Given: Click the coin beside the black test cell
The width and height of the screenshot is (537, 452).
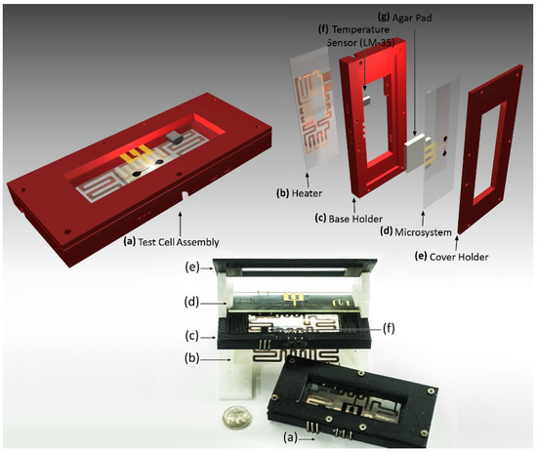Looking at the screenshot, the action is (x=236, y=418).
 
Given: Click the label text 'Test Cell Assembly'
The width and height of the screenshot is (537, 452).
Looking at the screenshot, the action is (x=178, y=242).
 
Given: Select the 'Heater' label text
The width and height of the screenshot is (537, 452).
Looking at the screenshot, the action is (x=307, y=193).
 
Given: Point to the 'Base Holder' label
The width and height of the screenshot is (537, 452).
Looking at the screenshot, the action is (x=355, y=219).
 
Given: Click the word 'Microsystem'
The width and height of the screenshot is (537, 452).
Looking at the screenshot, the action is (x=423, y=232).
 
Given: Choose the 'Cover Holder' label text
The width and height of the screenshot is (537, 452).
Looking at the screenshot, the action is (x=459, y=257).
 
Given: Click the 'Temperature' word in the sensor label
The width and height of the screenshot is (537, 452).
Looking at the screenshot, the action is (x=360, y=30).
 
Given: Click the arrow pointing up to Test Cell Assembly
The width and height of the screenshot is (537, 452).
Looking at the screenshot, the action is (x=180, y=224).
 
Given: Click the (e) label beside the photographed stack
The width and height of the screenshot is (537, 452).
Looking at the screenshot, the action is (x=191, y=267).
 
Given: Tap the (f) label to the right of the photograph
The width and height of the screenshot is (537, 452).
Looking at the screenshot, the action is (x=388, y=329).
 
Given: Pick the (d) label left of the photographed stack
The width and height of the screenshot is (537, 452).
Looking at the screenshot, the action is (x=191, y=303).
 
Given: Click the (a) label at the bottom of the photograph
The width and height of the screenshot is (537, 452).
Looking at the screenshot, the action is (x=290, y=437).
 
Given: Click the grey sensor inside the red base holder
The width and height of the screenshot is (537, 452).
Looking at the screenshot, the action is (x=367, y=101).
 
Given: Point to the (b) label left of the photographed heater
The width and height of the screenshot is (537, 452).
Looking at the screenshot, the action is (x=191, y=359).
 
